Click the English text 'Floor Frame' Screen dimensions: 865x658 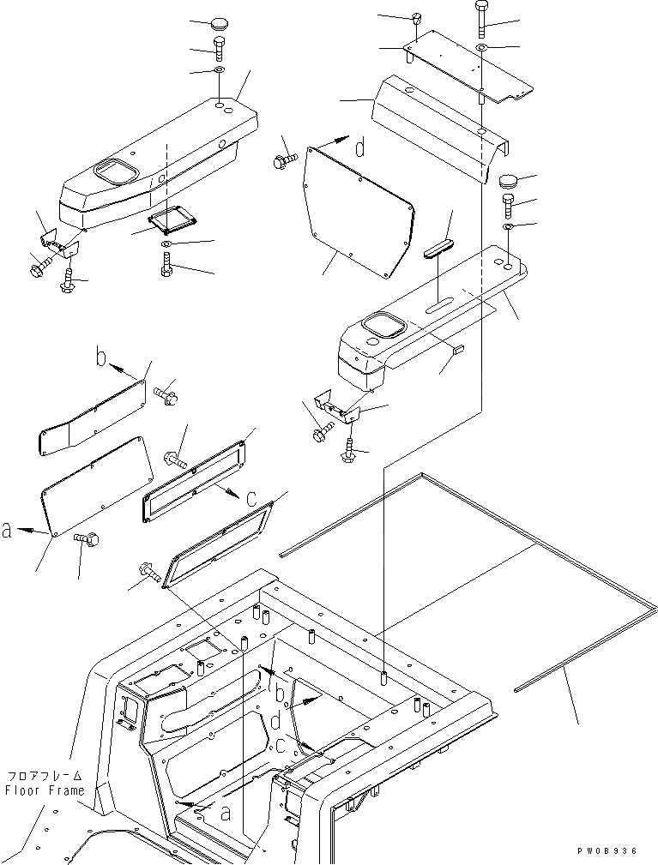click(x=45, y=790)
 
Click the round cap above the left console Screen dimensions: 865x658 click(x=205, y=23)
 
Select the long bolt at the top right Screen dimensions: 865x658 click(x=480, y=19)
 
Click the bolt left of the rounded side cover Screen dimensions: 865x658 click(x=284, y=160)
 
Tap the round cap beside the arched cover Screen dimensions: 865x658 click(x=511, y=182)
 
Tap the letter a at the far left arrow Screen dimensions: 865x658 click(x=8, y=532)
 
